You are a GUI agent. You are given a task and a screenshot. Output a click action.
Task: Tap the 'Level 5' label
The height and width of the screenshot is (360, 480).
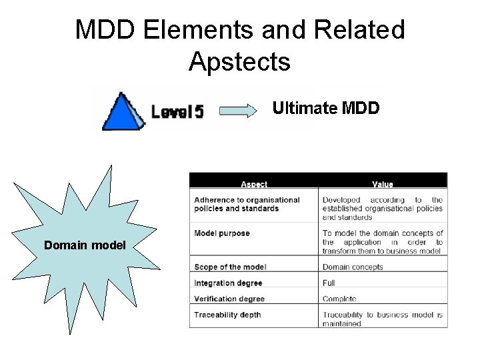(x=177, y=111)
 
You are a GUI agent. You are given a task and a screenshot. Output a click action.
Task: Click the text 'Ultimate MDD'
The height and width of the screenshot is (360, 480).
(x=326, y=107)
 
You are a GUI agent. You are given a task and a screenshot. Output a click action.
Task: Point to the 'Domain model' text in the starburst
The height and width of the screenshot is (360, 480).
(x=85, y=245)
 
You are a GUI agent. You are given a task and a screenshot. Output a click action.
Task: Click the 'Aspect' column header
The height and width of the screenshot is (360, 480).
(x=254, y=184)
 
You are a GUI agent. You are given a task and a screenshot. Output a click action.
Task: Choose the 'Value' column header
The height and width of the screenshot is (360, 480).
(x=383, y=184)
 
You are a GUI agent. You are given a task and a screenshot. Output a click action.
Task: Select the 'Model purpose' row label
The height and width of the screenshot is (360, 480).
(x=222, y=233)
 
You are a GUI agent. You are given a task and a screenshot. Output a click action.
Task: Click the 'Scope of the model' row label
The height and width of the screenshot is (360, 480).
(x=230, y=267)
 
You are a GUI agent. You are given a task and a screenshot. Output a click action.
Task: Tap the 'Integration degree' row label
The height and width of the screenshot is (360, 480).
(x=227, y=283)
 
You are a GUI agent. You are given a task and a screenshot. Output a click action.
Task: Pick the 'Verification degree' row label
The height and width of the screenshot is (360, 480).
(x=229, y=299)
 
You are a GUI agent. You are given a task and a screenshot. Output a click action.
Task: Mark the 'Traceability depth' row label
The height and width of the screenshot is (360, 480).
(x=227, y=315)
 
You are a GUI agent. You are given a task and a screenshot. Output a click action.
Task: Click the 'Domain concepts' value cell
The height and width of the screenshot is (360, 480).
(x=353, y=267)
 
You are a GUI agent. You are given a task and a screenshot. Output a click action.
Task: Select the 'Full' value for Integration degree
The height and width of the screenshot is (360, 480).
(x=329, y=283)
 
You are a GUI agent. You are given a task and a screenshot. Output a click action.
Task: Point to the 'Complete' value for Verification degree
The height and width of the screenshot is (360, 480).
(x=339, y=299)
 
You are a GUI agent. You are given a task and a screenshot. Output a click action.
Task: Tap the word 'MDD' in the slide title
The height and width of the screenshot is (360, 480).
(x=104, y=30)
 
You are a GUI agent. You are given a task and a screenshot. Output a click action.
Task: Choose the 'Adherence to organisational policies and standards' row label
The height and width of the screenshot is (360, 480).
(x=247, y=204)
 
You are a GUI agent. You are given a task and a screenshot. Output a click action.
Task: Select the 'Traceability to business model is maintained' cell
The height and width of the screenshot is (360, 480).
(x=382, y=319)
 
